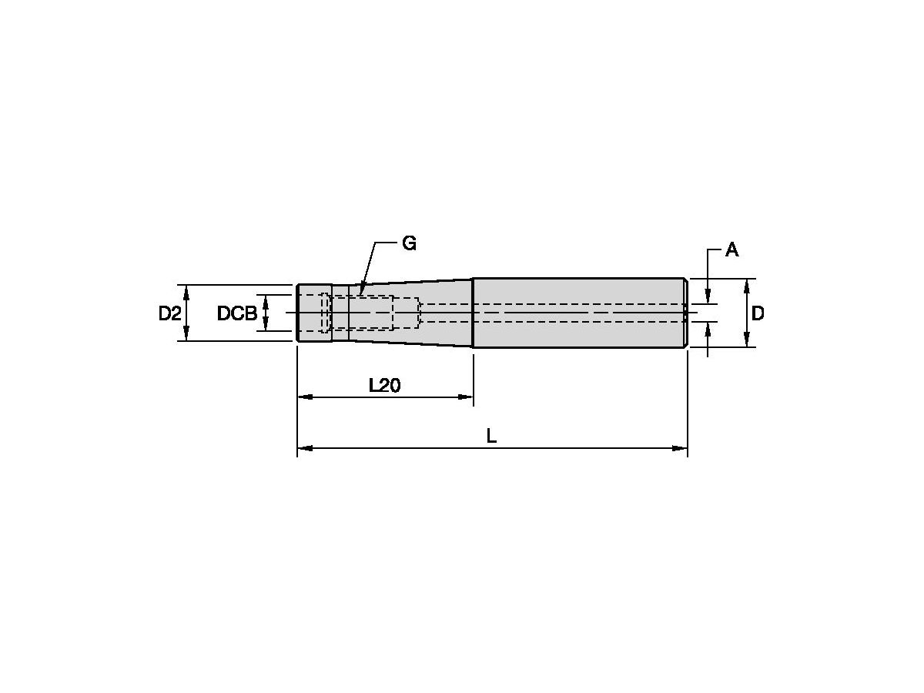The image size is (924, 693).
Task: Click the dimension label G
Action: (x=409, y=243)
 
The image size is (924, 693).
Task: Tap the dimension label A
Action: (x=731, y=250)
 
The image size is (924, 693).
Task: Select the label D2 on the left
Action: (x=169, y=313)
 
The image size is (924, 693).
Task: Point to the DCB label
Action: (x=237, y=313)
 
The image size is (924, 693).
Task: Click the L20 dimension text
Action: (x=384, y=385)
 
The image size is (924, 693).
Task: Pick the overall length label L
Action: (x=491, y=436)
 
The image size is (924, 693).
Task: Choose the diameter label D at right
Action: (x=758, y=313)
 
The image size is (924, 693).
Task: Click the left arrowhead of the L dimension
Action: (x=305, y=448)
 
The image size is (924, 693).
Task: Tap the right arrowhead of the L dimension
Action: (x=679, y=448)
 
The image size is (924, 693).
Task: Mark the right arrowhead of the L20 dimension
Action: (x=466, y=397)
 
